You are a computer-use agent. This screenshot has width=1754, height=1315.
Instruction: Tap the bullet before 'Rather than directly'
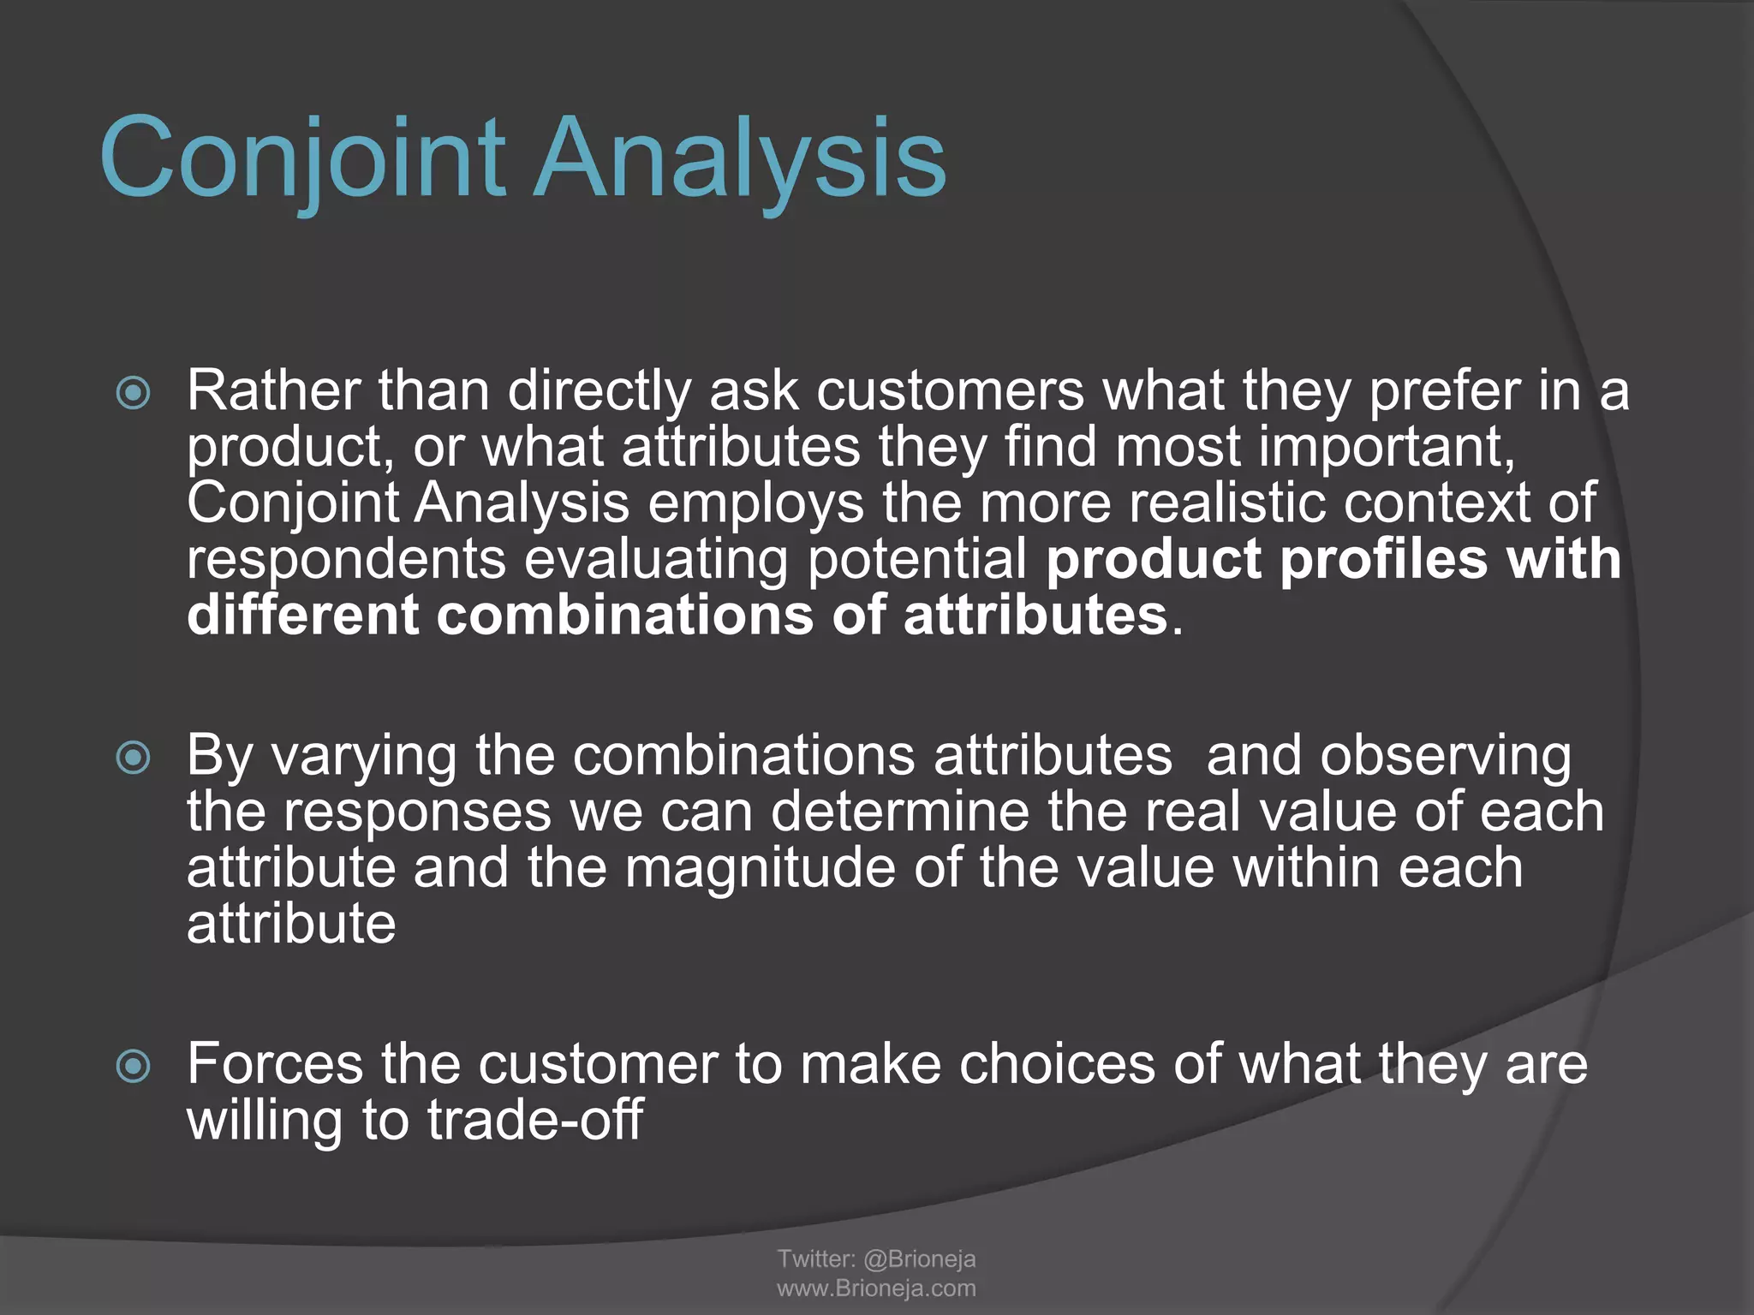134,393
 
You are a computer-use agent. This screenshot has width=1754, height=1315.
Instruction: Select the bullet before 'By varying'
134,758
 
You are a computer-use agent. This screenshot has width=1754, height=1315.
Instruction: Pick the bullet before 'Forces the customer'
134,1066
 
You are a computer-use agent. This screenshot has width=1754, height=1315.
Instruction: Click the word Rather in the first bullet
273,390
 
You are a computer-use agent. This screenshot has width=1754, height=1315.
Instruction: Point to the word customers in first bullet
950,390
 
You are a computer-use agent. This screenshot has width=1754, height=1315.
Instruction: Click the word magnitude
759,867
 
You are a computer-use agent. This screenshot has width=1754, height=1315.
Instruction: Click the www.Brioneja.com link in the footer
876,1288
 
